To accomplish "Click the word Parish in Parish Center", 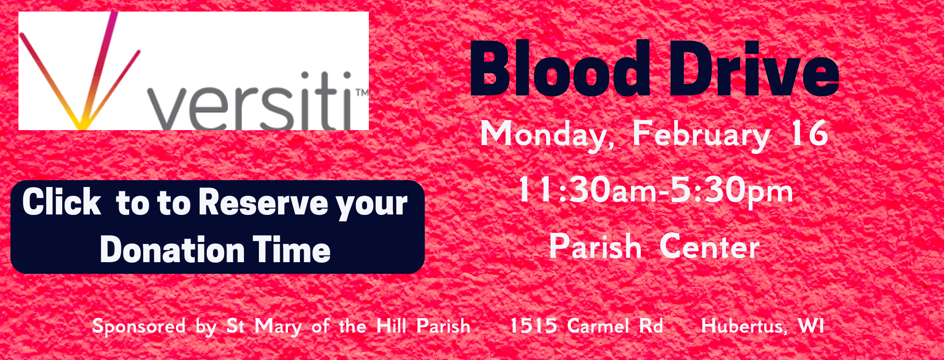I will pos(595,247).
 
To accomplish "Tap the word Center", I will pos(709,247).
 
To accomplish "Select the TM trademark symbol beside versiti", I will pos(362,92).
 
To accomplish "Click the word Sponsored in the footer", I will pos(139,326).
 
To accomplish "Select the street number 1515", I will pos(533,326).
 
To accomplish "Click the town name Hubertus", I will pos(742,326).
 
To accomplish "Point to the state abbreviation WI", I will pos(811,326).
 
